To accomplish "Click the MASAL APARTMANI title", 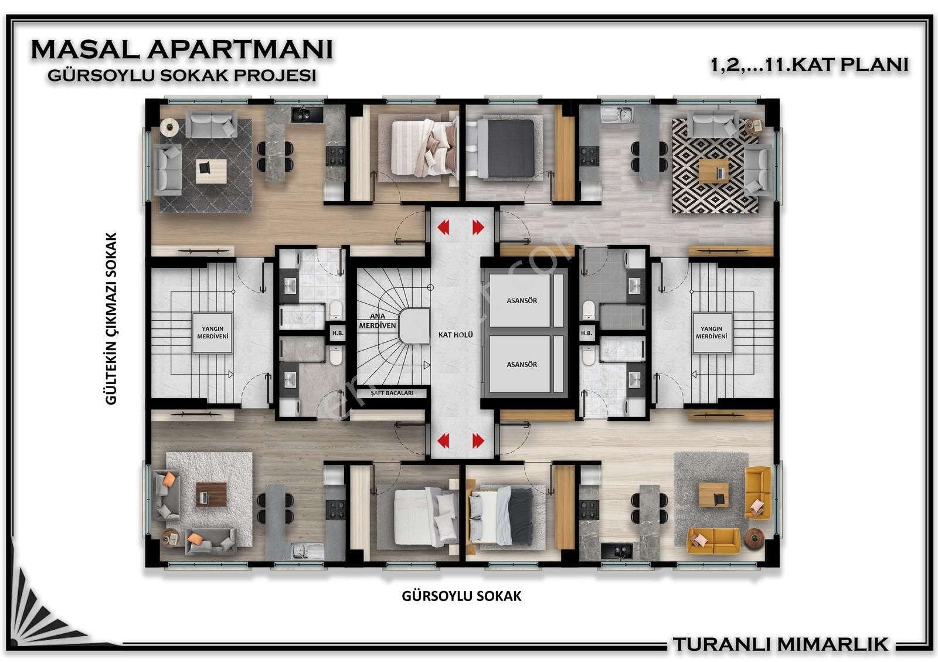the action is [x=182, y=49].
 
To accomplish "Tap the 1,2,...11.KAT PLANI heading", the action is [x=810, y=65].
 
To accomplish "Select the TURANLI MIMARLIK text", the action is [x=780, y=644].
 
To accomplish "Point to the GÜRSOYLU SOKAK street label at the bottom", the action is [x=461, y=596].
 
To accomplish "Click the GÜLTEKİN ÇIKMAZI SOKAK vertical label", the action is [x=111, y=318].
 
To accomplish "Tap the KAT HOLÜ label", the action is [x=456, y=335].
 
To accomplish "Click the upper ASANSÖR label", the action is [x=522, y=301].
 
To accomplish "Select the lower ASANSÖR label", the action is [x=522, y=365].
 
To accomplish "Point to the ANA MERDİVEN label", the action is [x=378, y=321].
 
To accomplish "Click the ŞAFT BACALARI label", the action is [x=392, y=393].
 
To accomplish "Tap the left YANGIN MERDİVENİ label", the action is [x=213, y=332].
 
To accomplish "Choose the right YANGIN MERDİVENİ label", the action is [x=712, y=332].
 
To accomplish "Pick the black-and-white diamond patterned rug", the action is [x=715, y=166].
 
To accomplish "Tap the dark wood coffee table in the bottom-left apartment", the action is [x=212, y=494].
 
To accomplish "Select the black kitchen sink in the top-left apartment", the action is [x=307, y=114].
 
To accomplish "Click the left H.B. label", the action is [x=338, y=333].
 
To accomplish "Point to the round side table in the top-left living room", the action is [x=169, y=127].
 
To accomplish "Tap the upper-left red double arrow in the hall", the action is [x=443, y=228].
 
